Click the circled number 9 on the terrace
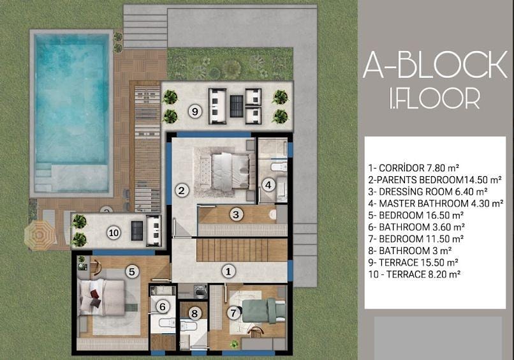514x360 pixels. pos(195,112)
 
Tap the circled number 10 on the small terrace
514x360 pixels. pos(114,233)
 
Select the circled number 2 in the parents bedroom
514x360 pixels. pos(182,191)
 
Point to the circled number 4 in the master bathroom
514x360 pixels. pos(268,185)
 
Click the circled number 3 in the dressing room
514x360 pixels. pos(236,214)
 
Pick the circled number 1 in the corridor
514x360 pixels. pos(228,271)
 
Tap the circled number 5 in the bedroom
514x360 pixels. pos(132,272)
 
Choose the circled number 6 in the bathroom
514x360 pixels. pos(163,307)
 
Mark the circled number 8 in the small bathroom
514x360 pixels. pos(195,313)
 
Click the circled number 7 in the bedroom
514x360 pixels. pos(233,313)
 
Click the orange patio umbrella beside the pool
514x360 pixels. pos(40,236)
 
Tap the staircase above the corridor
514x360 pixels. pos(242,250)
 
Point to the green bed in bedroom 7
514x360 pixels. pos(264,310)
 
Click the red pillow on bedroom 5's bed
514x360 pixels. pos(94,294)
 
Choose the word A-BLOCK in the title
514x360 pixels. pos(436,64)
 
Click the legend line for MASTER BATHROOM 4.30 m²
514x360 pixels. pos(436,204)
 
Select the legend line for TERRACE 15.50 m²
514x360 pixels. pos(413,262)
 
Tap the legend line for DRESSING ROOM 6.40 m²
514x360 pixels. pos(428,191)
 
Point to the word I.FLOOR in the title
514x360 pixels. pos(435,98)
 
